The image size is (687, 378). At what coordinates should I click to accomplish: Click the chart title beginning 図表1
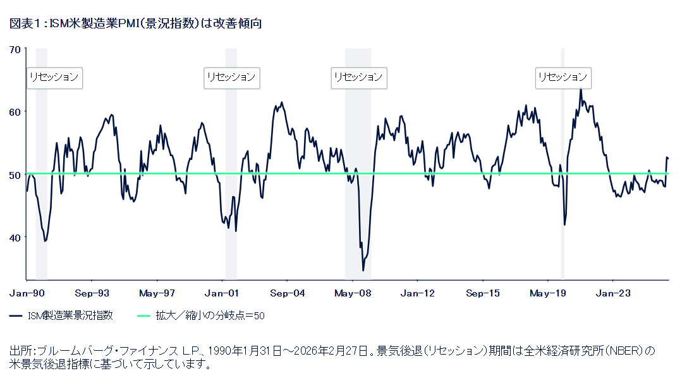pos(135,23)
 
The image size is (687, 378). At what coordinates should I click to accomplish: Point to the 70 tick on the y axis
pos(15,49)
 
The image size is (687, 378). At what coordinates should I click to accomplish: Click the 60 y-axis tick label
pos(15,112)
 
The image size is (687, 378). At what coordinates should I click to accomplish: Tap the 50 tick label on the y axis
pos(15,174)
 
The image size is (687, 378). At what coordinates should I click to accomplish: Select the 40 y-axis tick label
pos(15,237)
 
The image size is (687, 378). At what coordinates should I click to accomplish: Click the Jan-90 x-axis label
pos(27,293)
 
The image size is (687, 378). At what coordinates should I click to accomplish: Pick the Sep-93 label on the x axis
pos(92,293)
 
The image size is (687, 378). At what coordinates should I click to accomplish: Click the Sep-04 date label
pos(288,293)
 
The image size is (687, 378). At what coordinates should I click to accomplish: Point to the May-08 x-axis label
pos(353,293)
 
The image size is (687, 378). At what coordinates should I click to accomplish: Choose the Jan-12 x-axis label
pos(418,293)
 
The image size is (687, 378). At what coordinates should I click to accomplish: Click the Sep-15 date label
pos(483,293)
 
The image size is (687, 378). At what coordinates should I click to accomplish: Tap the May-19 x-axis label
pos(548,293)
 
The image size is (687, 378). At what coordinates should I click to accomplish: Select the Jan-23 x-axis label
pos(613,293)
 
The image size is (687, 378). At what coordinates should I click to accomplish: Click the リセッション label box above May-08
pos(358,77)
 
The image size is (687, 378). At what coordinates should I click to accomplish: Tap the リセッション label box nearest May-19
pos(562,77)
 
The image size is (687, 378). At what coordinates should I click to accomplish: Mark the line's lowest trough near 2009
pos(363,271)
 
